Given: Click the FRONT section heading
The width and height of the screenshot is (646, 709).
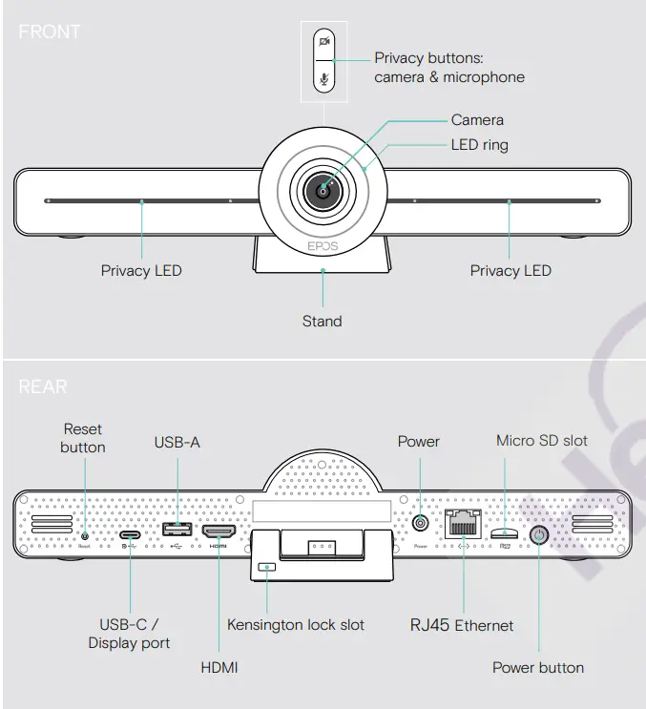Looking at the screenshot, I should coord(50,31).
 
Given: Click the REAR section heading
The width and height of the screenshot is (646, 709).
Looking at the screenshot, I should coord(43,387).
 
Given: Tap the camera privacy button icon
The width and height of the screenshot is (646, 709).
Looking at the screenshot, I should coord(325,41).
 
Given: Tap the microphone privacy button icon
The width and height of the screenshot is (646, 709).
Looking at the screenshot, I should coord(325,79).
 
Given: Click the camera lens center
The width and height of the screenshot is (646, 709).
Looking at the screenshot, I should coord(323,191).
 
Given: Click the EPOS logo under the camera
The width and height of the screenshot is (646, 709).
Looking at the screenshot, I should coord(323,245).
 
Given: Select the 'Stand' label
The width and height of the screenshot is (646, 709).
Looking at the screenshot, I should coord(322,321).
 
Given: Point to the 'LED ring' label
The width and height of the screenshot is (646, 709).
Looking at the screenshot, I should coord(479,145).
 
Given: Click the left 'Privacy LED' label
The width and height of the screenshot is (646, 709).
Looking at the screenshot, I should coord(141,270).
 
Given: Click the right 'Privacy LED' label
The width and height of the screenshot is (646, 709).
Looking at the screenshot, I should coord(511,270).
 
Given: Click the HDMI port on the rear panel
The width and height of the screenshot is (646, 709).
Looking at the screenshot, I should coord(219,532).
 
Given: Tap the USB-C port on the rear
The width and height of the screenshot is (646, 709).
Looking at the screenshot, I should coord(130,534).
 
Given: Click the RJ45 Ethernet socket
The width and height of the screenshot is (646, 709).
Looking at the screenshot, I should coord(462,526).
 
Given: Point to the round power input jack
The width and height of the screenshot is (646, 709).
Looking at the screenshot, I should coord(419,524).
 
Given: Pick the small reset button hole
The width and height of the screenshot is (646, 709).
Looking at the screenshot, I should coord(85,535).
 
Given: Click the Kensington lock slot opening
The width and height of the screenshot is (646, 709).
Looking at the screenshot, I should coord(267,567).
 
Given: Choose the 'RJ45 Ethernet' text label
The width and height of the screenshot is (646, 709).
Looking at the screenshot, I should coord(462,626).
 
